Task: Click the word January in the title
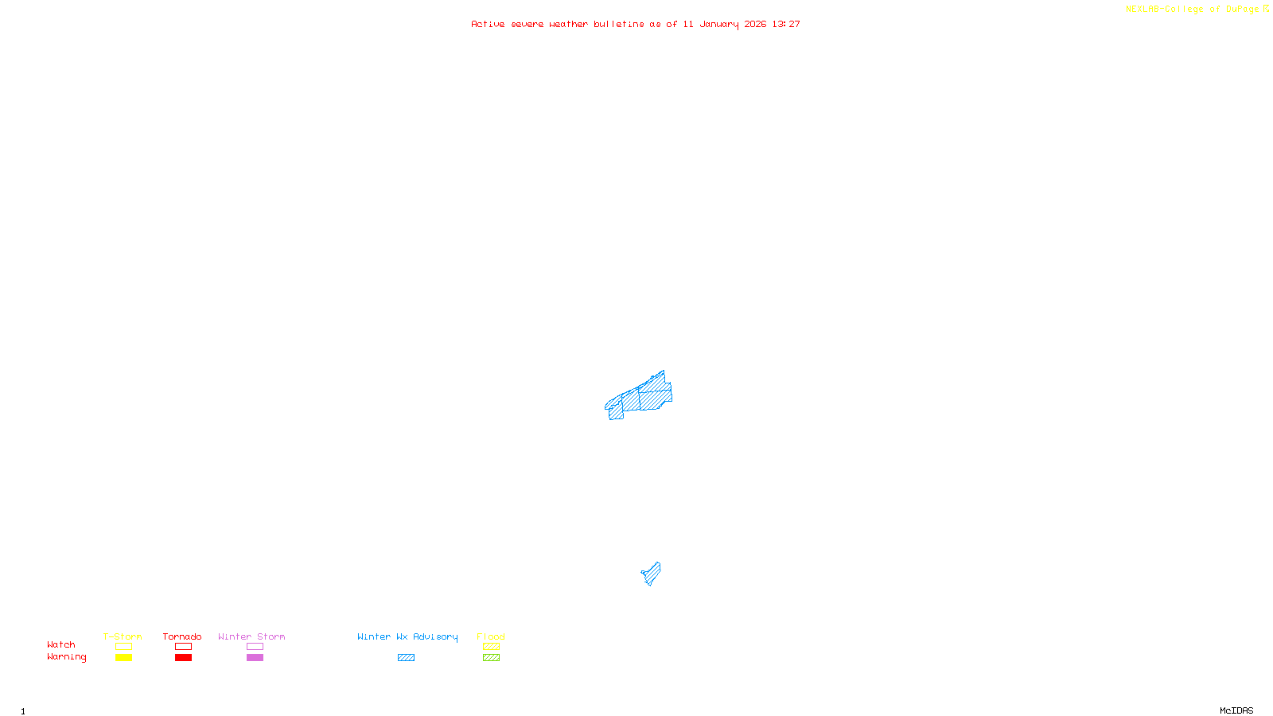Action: click(x=719, y=24)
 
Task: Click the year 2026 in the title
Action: click(x=755, y=24)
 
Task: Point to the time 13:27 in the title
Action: click(x=786, y=24)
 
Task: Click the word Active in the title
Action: click(x=488, y=24)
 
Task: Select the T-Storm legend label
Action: click(x=123, y=636)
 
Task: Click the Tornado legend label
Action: click(x=182, y=636)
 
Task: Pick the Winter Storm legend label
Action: click(x=251, y=636)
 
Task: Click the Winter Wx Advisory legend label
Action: click(x=407, y=636)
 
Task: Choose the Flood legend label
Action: click(x=491, y=636)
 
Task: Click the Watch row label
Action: click(x=61, y=644)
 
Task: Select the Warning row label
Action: click(x=67, y=657)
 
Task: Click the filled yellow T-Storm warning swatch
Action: click(x=123, y=658)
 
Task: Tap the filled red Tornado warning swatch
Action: click(x=183, y=658)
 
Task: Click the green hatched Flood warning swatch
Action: click(x=491, y=658)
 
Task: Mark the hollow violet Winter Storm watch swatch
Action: click(x=255, y=647)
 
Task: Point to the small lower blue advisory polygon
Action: click(x=652, y=574)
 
